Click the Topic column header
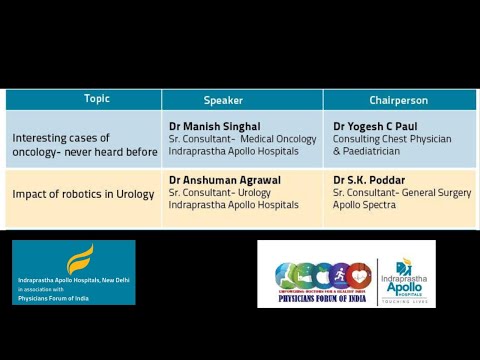(97, 99)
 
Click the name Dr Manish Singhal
(214, 126)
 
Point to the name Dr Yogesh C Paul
(375, 126)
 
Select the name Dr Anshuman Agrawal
(225, 180)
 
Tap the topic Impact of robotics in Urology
(83, 193)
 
